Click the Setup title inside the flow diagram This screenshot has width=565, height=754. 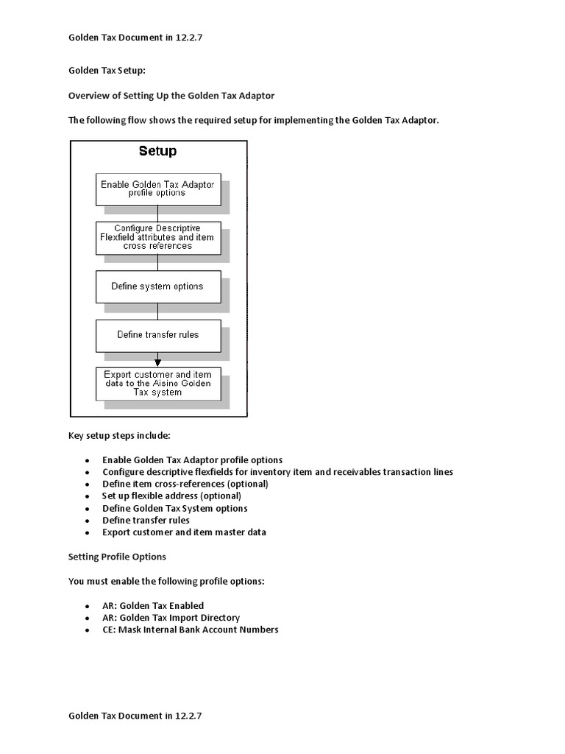(x=157, y=152)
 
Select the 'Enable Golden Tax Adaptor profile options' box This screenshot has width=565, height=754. (x=157, y=189)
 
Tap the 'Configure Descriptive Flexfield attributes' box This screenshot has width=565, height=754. (x=157, y=237)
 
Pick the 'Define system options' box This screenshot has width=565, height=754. (x=157, y=286)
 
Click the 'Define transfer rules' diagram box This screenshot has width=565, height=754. (x=157, y=334)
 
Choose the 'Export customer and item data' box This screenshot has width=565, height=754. (x=157, y=384)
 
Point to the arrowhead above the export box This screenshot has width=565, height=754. (x=157, y=362)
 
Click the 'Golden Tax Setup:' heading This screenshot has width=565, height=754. (x=107, y=71)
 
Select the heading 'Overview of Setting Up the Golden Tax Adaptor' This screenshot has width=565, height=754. (x=171, y=96)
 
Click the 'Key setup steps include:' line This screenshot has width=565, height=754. (x=119, y=435)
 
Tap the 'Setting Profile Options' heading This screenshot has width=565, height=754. (x=117, y=557)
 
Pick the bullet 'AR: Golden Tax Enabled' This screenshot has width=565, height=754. (x=153, y=606)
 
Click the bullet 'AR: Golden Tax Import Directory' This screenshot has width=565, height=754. (x=171, y=618)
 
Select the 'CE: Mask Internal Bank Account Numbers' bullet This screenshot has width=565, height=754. (x=191, y=630)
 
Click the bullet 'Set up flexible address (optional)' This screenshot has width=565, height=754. (x=171, y=496)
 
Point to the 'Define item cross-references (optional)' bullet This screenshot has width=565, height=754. (x=185, y=484)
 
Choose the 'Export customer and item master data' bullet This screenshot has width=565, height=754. (x=184, y=532)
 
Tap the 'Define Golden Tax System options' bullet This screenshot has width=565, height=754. (x=174, y=508)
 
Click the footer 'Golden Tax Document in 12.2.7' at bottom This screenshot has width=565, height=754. (x=135, y=715)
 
